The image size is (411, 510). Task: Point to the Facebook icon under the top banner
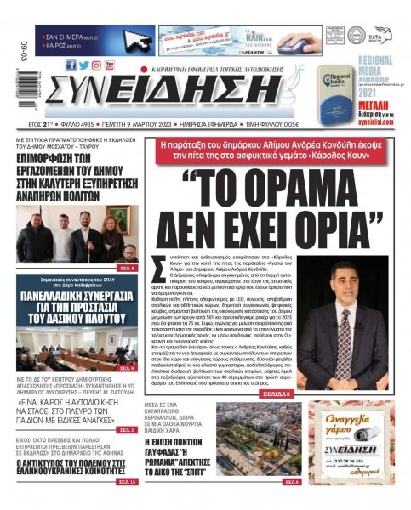coord(71,65)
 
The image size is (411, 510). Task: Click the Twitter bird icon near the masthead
coord(84,65)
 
